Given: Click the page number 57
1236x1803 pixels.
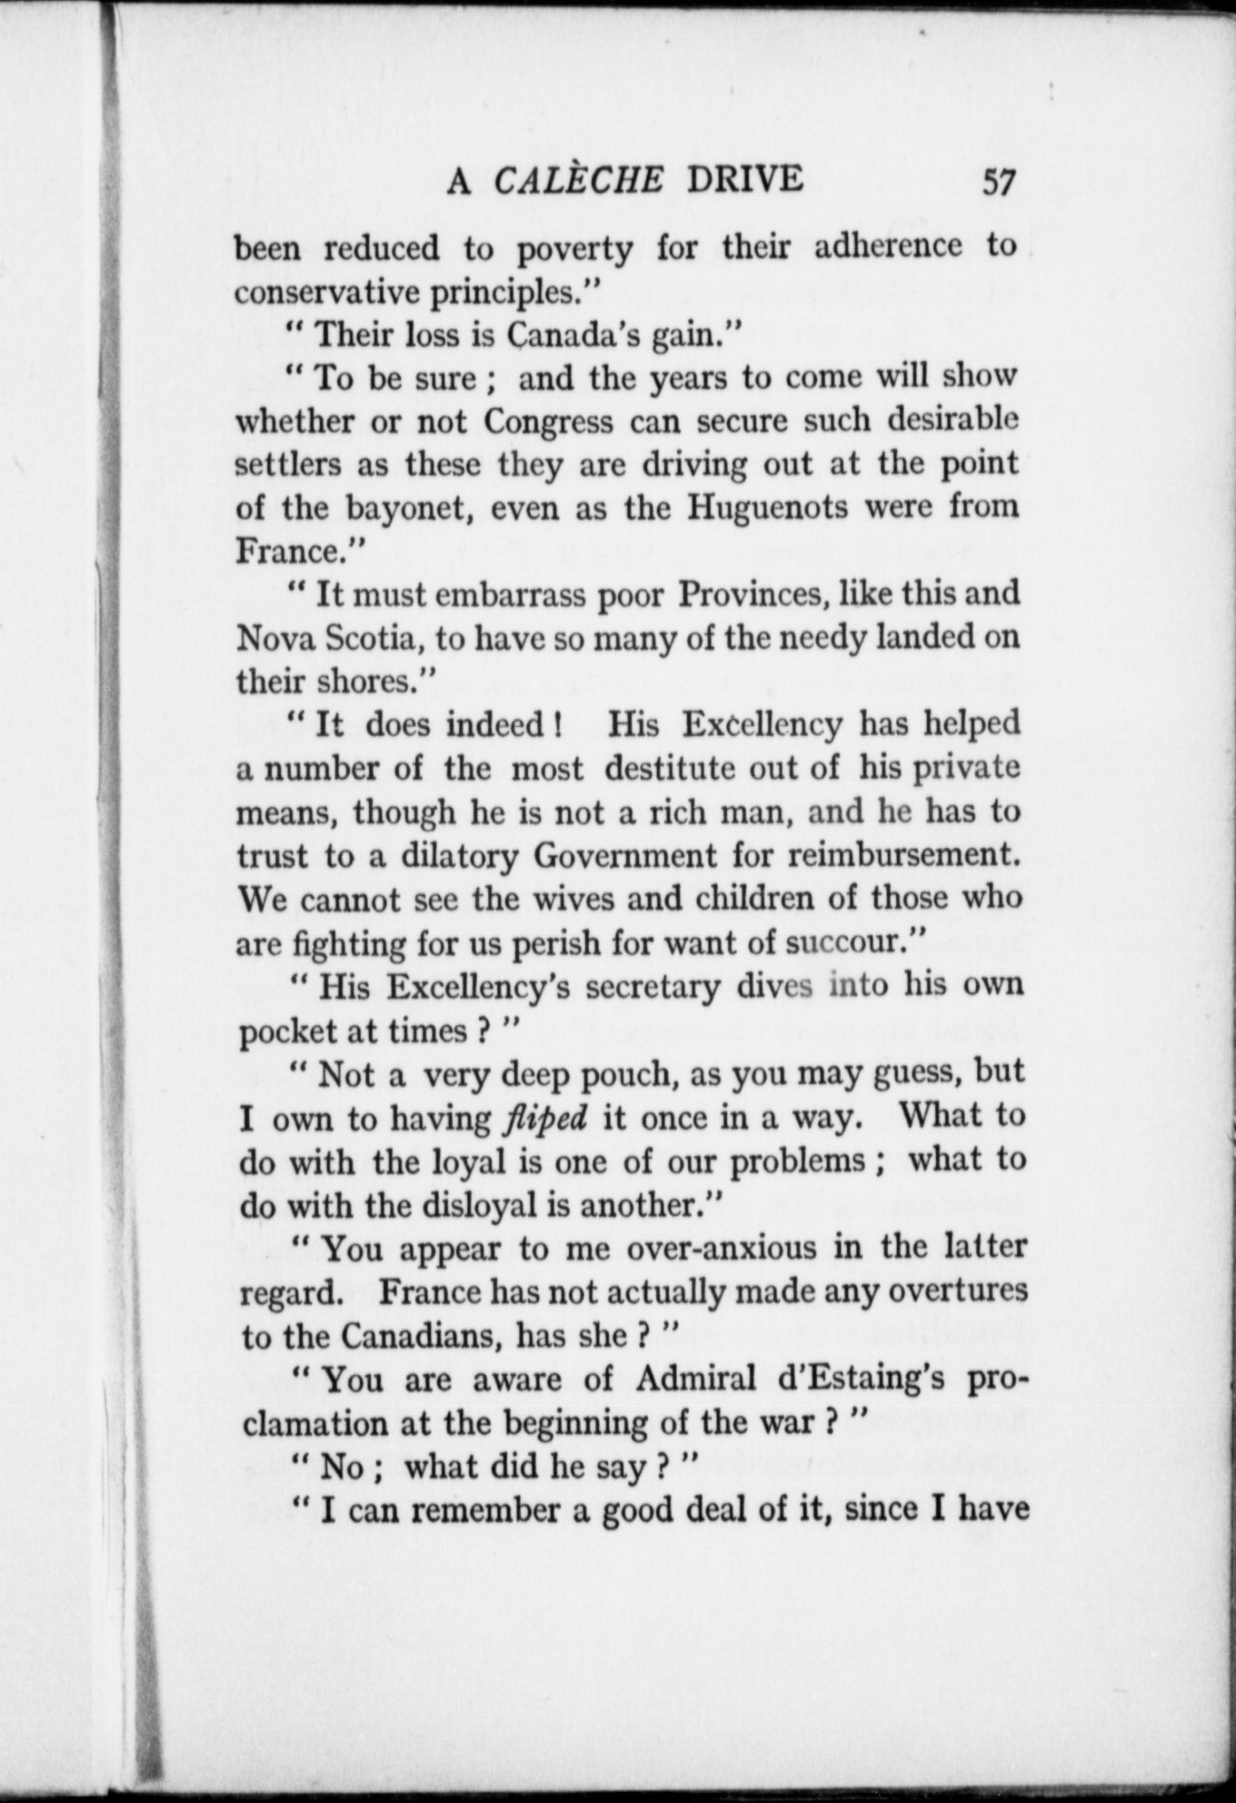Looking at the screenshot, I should (x=997, y=182).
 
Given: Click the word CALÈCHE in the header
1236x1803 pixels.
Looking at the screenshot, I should (x=579, y=180).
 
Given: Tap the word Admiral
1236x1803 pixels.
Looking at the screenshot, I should (x=696, y=1380).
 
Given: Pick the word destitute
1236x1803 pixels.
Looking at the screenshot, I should (x=671, y=769).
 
